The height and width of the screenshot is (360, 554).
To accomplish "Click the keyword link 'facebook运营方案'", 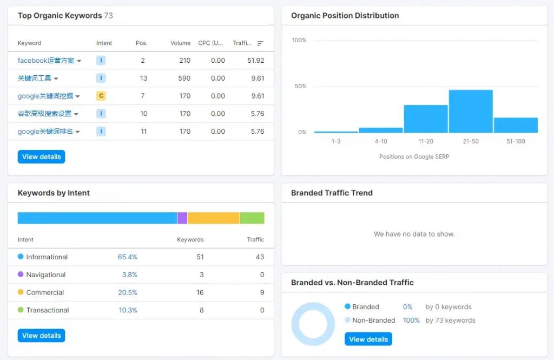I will (x=46, y=61).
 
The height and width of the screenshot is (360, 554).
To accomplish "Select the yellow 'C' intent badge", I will (x=101, y=96).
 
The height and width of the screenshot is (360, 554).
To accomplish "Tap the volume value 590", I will (x=184, y=78).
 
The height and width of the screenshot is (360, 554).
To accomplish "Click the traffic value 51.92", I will (x=255, y=61).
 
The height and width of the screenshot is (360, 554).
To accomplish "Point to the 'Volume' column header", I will (x=180, y=43).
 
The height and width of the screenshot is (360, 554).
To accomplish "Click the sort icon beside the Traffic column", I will (x=260, y=43).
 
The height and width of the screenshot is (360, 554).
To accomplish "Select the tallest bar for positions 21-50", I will (x=471, y=111).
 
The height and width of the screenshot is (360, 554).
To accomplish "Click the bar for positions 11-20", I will (x=426, y=119).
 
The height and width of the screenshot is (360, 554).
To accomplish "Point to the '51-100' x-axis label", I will (x=516, y=142).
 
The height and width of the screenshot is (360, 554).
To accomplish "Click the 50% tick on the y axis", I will (x=299, y=86).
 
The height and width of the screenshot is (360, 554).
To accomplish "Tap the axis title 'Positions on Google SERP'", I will (x=414, y=157).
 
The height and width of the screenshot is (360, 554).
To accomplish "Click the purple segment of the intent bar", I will (x=182, y=218).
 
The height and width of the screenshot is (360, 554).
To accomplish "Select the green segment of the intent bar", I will (x=252, y=218).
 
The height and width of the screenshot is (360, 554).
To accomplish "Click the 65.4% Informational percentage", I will (x=127, y=257).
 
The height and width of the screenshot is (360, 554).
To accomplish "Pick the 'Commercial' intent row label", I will (x=45, y=292).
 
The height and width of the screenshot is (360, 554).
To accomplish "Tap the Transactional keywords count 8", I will (x=201, y=310).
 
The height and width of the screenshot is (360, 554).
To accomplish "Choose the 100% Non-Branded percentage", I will (x=411, y=320).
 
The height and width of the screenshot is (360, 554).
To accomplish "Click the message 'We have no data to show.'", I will (x=414, y=234).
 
